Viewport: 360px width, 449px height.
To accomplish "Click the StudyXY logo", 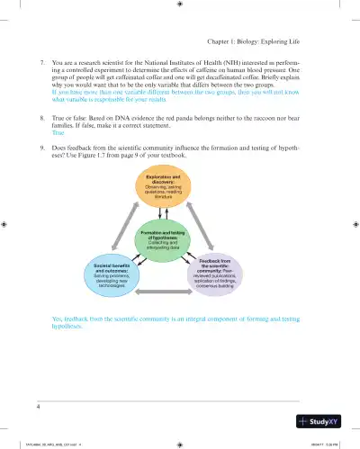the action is click(323, 421).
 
